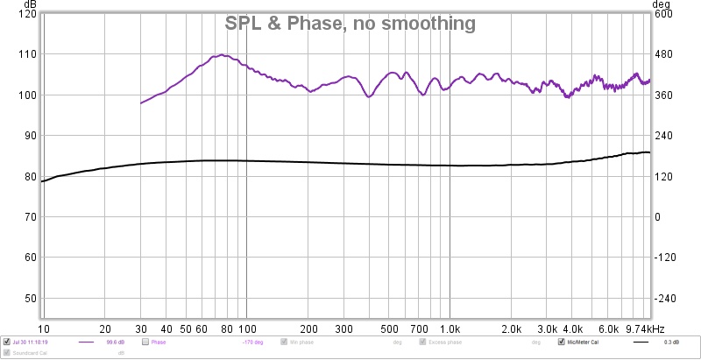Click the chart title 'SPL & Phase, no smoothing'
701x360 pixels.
click(x=350, y=24)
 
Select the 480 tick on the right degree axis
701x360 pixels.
click(x=660, y=54)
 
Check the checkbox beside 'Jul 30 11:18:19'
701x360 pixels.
click(x=6, y=342)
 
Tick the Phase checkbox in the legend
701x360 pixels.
click(x=145, y=342)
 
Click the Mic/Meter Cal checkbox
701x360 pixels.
click(x=562, y=342)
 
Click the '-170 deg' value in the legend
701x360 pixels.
click(x=254, y=342)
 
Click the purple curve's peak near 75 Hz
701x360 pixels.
click(x=223, y=55)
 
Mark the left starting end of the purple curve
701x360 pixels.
click(x=141, y=103)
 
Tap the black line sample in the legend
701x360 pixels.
click(x=645, y=342)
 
